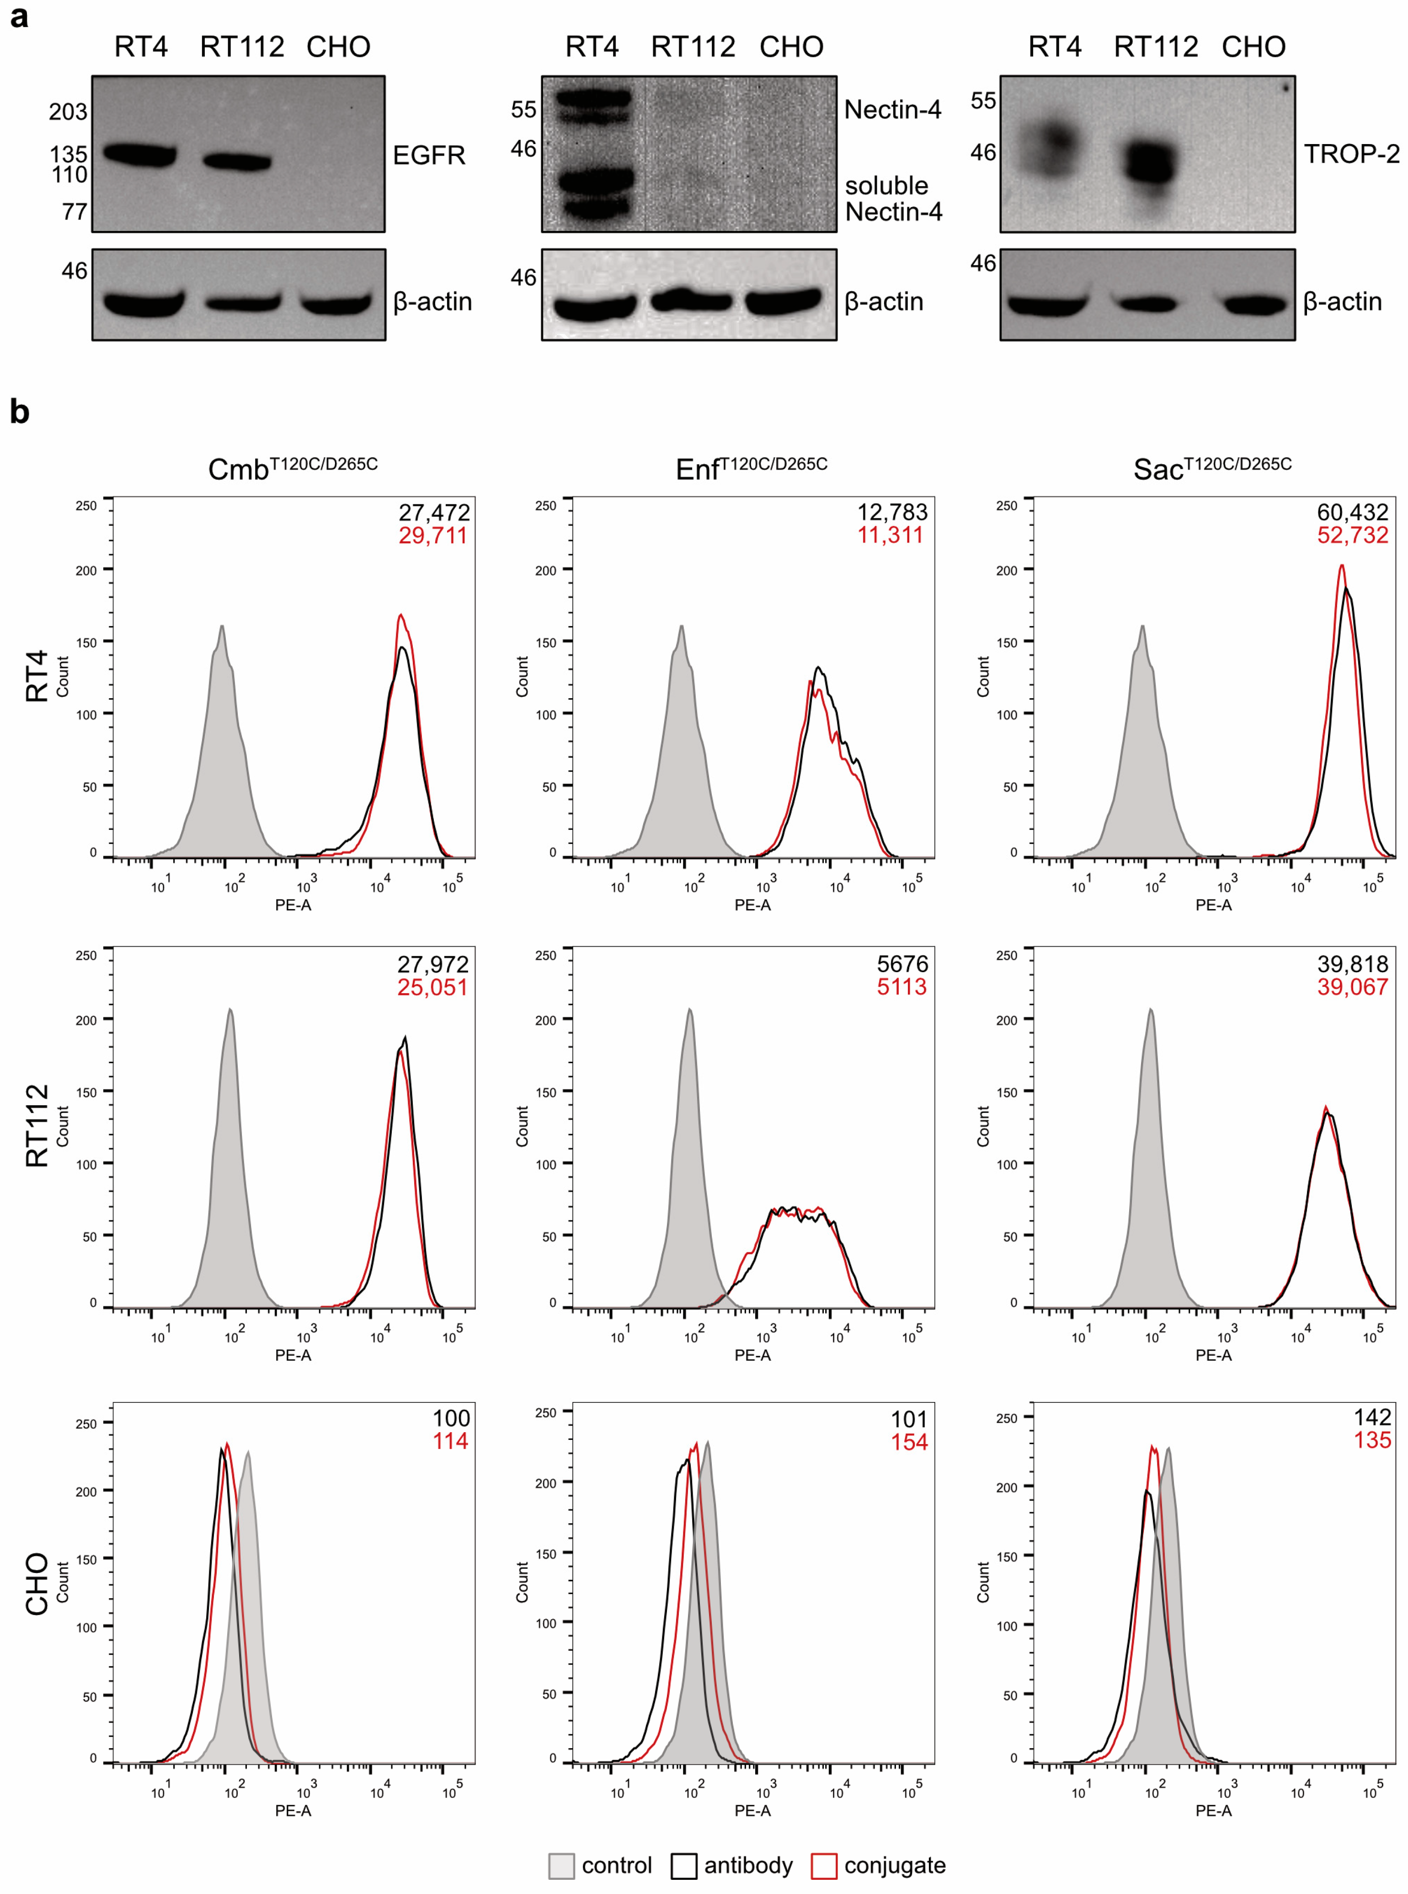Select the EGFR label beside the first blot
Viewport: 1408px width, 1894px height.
[x=429, y=155]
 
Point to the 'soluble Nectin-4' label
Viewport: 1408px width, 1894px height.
[x=892, y=198]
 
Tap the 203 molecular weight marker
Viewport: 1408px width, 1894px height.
[x=68, y=112]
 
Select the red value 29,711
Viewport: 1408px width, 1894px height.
[x=433, y=535]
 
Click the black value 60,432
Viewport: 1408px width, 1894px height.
[x=1353, y=512]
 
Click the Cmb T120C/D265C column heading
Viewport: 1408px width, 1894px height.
[x=292, y=468]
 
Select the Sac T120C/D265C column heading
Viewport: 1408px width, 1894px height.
[x=1212, y=468]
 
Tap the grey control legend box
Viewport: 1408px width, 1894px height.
[x=561, y=1866]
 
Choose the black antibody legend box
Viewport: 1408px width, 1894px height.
[x=683, y=1866]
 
